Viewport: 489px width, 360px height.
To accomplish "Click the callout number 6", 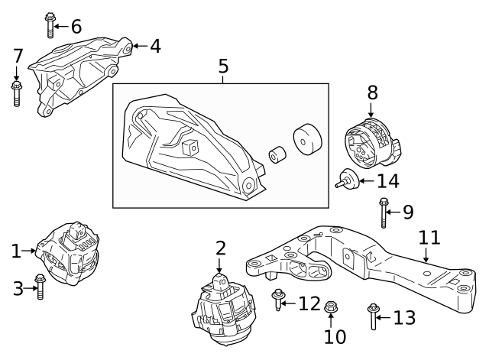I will [x=76, y=26].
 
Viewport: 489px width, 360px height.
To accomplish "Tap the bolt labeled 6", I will [x=50, y=24].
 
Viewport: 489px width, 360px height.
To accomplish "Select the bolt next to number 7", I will [x=17, y=93].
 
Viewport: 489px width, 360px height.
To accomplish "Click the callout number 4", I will [x=155, y=47].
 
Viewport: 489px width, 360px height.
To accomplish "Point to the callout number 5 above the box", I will [x=223, y=66].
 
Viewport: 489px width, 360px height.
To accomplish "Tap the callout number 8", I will [x=372, y=93].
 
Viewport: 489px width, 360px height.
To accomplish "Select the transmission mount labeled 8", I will [x=370, y=144].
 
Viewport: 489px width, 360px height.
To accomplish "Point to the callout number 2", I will [x=220, y=248].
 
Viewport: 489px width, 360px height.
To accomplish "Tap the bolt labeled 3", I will [x=41, y=288].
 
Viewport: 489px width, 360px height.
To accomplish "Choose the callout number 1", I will [x=16, y=250].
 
